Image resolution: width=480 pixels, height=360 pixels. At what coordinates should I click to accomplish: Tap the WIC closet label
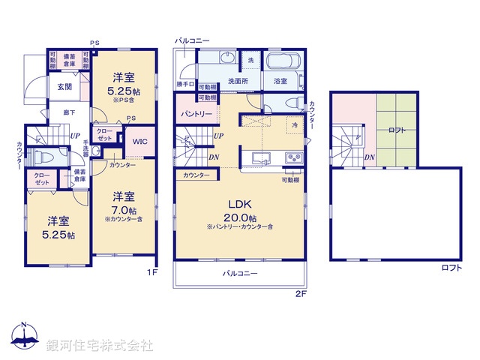[140, 140]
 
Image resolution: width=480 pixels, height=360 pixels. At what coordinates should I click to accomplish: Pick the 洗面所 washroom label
[238, 81]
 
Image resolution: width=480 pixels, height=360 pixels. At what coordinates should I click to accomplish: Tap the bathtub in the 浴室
[283, 61]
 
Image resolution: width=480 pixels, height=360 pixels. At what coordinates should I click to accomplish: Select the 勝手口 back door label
[185, 84]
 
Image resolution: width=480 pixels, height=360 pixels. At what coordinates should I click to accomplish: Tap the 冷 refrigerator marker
[295, 124]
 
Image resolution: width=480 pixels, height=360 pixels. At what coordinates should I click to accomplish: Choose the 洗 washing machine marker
[251, 59]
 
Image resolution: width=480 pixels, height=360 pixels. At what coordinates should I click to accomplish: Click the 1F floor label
[151, 272]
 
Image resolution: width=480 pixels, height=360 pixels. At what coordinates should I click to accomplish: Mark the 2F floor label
[301, 295]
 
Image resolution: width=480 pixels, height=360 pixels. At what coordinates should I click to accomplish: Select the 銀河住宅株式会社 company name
[100, 346]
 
